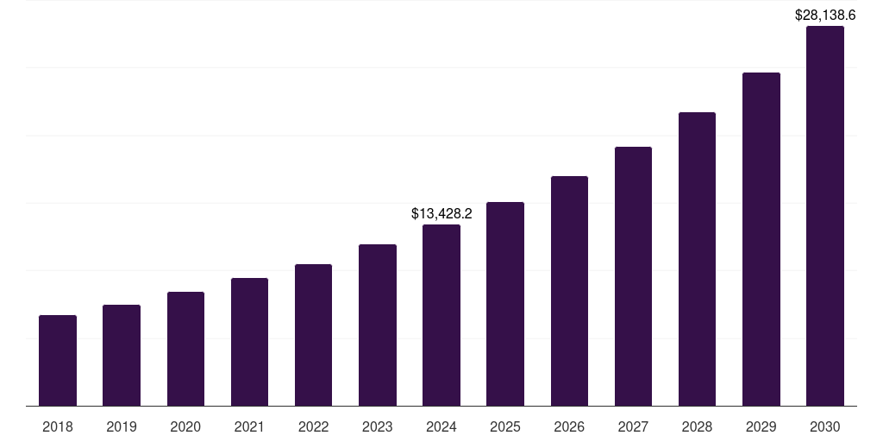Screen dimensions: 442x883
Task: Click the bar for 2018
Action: click(58, 361)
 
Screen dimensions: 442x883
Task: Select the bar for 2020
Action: click(185, 349)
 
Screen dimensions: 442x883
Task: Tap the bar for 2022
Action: click(313, 335)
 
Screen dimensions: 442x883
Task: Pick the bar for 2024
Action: click(441, 315)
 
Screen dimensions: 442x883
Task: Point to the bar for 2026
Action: click(569, 291)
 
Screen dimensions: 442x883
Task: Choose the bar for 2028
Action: click(697, 259)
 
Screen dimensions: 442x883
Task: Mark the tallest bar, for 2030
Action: click(825, 216)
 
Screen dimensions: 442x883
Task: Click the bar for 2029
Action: click(761, 239)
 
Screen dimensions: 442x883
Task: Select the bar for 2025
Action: click(505, 304)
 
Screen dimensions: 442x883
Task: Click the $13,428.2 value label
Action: click(441, 213)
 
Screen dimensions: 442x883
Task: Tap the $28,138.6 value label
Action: click(825, 15)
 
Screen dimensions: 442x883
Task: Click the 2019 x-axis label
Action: click(122, 427)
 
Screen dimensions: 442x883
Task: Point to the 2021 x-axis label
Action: click(249, 427)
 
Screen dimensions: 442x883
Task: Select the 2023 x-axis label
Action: click(378, 427)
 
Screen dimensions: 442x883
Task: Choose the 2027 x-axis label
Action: click(633, 427)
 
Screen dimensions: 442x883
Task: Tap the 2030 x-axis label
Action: click(825, 427)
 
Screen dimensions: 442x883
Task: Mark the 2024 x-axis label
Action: click(441, 427)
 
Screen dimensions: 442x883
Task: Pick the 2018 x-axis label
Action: click(58, 427)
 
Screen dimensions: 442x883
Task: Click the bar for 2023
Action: click(378, 325)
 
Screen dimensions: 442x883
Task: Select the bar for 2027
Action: click(633, 276)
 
